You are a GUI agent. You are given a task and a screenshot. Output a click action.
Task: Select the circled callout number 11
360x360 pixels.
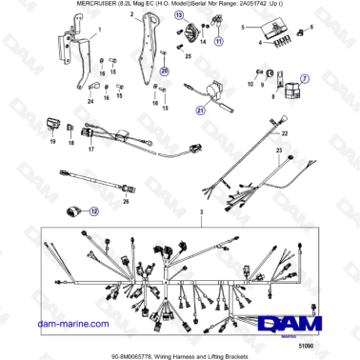pos(219,43)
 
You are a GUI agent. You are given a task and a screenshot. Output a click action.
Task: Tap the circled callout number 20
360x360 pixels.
pos(163,71)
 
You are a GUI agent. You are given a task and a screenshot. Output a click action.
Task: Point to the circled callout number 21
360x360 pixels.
pos(201,110)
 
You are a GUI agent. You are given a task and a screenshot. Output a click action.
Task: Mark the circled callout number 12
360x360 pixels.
pos(94,212)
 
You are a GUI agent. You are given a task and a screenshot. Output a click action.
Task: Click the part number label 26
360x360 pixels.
pos(125,202)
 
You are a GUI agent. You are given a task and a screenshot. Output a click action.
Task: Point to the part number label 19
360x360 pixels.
pos(52,141)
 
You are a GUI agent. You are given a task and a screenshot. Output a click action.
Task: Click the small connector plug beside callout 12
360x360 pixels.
pos(74,212)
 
